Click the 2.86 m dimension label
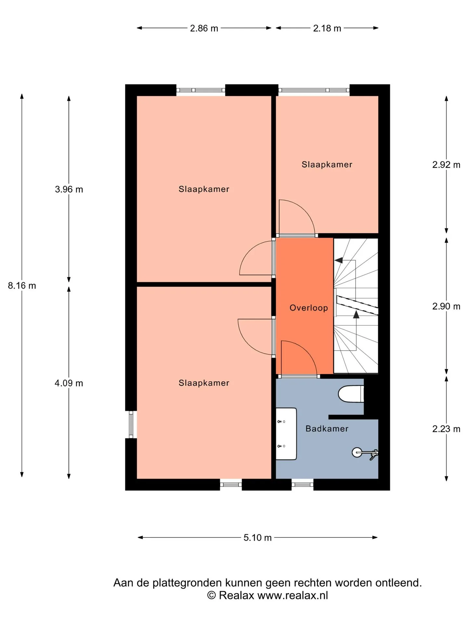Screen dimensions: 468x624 pyautogui.click(x=204, y=28)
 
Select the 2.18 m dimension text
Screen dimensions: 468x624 pyautogui.click(x=327, y=28)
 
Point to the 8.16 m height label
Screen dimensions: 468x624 pyautogui.click(x=22, y=286)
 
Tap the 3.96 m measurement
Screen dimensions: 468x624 pyautogui.click(x=69, y=189)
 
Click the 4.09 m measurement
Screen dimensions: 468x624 pyautogui.click(x=69, y=383)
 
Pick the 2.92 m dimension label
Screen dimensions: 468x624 pyautogui.click(x=446, y=165)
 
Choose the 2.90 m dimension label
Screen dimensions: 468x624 pyautogui.click(x=446, y=306)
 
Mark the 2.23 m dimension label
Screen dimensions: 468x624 pyautogui.click(x=446, y=429)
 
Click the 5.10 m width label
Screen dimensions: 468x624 pyautogui.click(x=257, y=538)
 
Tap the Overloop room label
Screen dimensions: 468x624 pyautogui.click(x=309, y=308)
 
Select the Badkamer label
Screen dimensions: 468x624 pyautogui.click(x=327, y=429)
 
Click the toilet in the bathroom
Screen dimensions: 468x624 pyautogui.click(x=351, y=394)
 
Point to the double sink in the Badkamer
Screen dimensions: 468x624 pyautogui.click(x=286, y=434)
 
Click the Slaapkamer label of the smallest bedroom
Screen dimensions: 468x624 pyautogui.click(x=327, y=164)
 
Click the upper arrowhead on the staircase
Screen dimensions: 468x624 pyautogui.click(x=339, y=260)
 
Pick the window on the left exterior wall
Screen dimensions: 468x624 pyautogui.click(x=131, y=424)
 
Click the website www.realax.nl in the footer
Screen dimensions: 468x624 pyautogui.click(x=292, y=595)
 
